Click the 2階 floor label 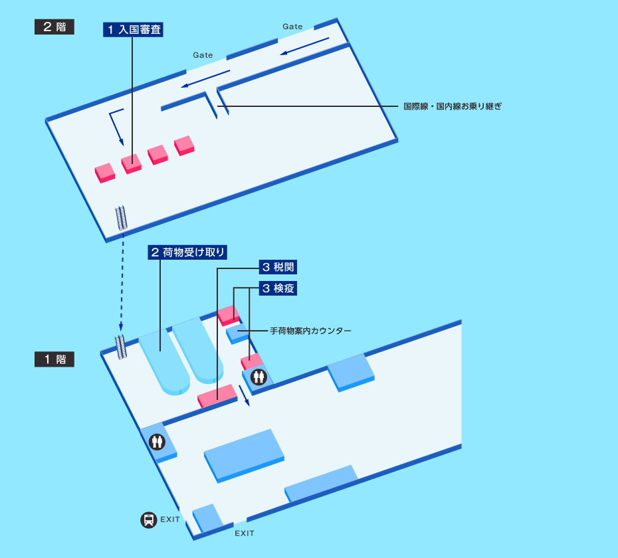[54, 27]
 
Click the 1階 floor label [54, 359]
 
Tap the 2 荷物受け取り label [187, 252]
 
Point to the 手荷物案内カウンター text [310, 330]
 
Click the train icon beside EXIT [148, 519]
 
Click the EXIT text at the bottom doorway [244, 533]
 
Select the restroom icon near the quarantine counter [258, 377]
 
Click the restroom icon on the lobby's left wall [157, 441]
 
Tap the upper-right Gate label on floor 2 [292, 27]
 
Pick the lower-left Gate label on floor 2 [203, 55]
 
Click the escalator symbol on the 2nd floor [122, 217]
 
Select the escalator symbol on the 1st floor [121, 347]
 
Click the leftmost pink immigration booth [104, 172]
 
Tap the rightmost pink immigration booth [184, 144]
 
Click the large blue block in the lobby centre [244, 454]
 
